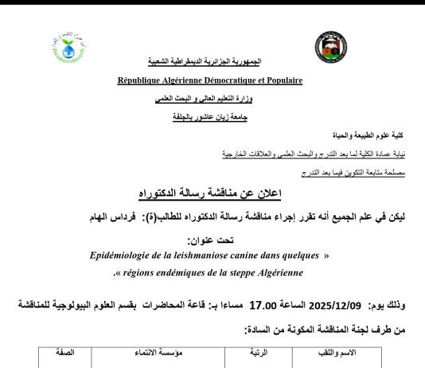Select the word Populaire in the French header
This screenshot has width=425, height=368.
278,80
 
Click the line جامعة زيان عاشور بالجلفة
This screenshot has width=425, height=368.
211,116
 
